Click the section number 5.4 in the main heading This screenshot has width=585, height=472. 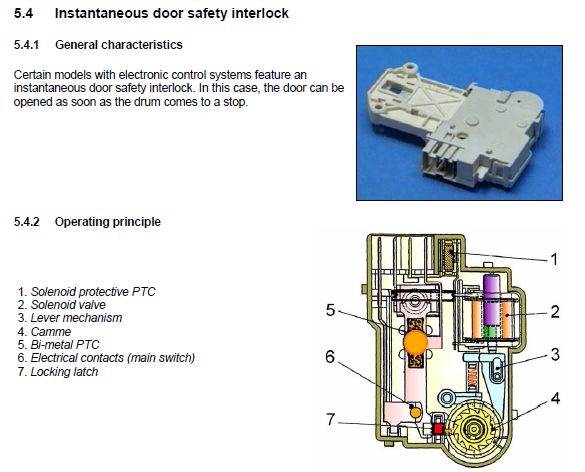coord(24,13)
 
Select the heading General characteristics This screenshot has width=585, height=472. coord(119,45)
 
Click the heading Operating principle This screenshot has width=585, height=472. coord(107,222)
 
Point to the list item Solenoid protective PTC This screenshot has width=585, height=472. coord(93,291)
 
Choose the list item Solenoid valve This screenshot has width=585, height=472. coord(68,304)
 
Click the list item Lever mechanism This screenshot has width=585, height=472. coord(76,318)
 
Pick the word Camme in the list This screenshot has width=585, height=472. coord(51,331)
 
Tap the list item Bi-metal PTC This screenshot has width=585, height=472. coord(65,344)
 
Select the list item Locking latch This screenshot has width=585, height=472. coord(64,372)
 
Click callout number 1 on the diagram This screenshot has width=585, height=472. coord(554,259)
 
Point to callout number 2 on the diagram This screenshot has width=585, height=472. coord(555,312)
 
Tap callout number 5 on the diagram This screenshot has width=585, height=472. coord(331,310)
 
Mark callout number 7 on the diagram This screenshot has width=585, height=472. coord(331,419)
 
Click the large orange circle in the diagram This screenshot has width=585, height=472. coord(416,342)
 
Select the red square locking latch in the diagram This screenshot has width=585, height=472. coord(438,429)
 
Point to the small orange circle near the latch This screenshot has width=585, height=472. coord(415,412)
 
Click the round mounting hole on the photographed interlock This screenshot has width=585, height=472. coord(412,67)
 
